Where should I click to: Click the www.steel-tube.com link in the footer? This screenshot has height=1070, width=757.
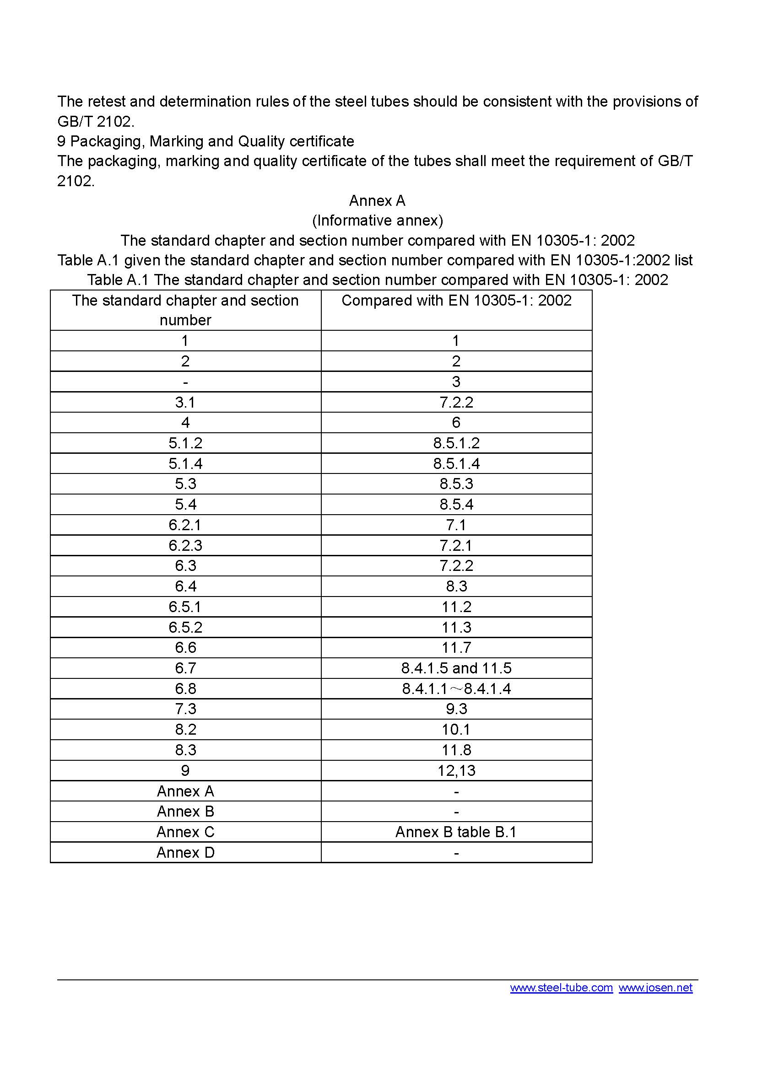pos(561,988)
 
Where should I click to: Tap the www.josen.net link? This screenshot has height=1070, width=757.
pos(655,988)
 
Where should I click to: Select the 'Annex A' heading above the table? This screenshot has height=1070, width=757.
pos(377,201)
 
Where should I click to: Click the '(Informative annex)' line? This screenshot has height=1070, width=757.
pos(378,220)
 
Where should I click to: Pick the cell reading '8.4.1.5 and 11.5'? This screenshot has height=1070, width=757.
pos(456,668)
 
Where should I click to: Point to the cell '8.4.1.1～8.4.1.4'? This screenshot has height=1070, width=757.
pos(456,689)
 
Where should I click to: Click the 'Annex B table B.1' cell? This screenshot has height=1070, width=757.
pos(456,832)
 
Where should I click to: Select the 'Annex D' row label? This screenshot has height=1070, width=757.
pos(185,852)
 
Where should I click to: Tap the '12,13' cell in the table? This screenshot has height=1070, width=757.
pos(456,770)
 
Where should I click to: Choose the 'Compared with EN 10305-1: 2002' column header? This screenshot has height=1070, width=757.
pos(456,301)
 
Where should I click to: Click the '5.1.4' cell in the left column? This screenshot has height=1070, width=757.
pos(185,464)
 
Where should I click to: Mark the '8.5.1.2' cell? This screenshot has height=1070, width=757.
pos(456,443)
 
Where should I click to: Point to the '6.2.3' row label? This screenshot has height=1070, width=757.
pos(185,545)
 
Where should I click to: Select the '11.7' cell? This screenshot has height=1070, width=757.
pos(456,648)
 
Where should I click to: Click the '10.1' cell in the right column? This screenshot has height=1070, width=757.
pos(456,729)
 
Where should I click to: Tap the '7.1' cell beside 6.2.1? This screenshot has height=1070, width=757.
pos(456,525)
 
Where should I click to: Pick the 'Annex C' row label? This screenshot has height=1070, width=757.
pos(185,832)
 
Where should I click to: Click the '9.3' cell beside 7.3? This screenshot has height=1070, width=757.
pos(456,709)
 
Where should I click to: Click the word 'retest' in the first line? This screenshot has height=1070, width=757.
pos(108,102)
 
